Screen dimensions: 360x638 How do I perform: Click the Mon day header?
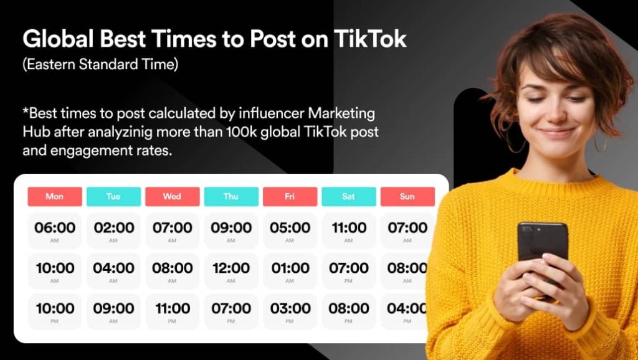(55, 196)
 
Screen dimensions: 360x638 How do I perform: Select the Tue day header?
(113, 196)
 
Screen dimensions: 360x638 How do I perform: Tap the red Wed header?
(172, 196)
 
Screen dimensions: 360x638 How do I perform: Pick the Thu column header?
(231, 196)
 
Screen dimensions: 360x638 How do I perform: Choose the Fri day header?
(290, 196)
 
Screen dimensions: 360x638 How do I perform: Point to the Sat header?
(348, 196)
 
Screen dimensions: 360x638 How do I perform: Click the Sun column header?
(407, 196)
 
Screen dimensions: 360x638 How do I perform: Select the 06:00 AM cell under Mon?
(55, 230)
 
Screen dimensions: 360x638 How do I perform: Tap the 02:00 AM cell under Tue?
(113, 230)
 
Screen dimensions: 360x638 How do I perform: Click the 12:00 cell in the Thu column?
(231, 271)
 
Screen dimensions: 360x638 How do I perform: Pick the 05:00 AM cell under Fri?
(290, 230)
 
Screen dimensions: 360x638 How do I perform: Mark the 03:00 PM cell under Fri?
(290, 311)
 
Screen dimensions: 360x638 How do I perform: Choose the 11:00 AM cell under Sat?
(348, 230)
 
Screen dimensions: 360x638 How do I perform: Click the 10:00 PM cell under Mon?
(55, 311)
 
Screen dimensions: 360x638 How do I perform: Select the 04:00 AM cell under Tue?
(113, 271)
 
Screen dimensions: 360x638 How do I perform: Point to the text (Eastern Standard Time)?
(100, 65)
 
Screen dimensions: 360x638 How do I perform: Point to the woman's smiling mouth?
(556, 133)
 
